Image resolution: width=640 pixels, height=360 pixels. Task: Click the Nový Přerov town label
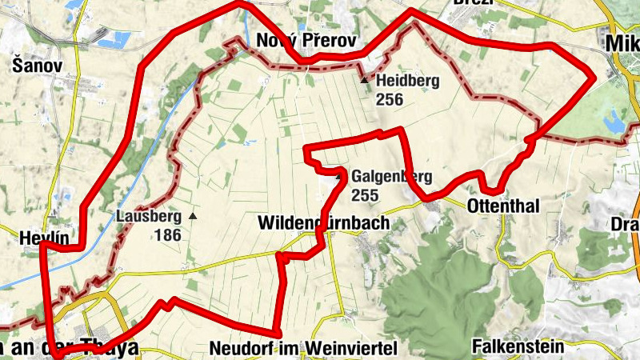pos(306,41)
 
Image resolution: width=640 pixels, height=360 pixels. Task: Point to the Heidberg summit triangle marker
pos(365,80)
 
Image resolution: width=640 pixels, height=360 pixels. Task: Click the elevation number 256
pos(389,99)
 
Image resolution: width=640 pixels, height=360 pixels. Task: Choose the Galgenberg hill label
pos(391,177)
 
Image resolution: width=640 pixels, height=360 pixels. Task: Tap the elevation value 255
pos(364,194)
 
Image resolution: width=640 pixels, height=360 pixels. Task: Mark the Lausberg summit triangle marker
pos(193,216)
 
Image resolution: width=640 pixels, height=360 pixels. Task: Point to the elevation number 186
pos(169,235)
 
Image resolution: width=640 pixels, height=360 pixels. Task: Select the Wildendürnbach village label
pos(323,223)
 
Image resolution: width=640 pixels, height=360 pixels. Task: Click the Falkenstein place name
pos(518,347)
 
